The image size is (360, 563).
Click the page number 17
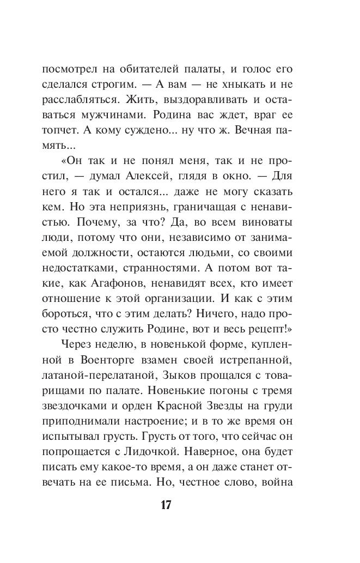click(x=166, y=504)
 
